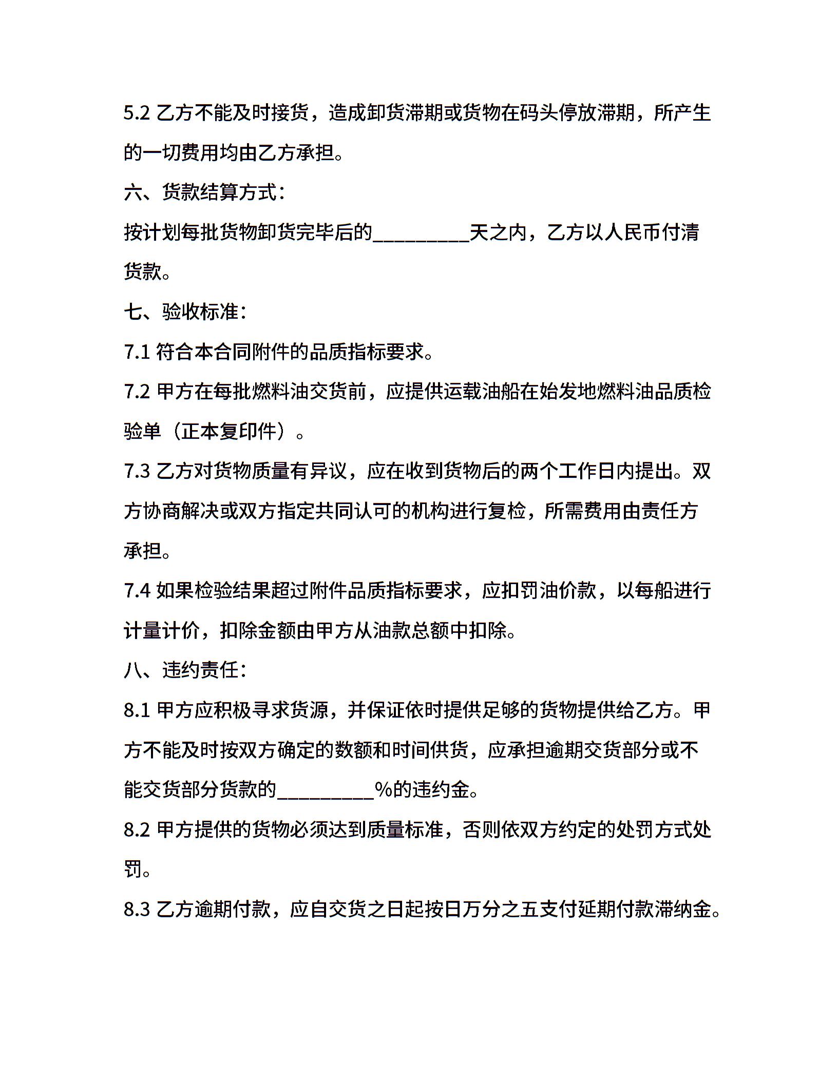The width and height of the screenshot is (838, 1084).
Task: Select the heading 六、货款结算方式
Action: point(204,192)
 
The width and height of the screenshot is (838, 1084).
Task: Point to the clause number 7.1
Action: point(137,352)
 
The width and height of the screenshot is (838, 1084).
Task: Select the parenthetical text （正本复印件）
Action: point(228,432)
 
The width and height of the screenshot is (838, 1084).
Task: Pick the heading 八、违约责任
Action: point(185,670)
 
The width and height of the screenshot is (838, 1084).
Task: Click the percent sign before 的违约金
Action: point(384,790)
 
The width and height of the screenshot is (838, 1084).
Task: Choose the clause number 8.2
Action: point(137,830)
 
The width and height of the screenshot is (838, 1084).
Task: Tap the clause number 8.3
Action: point(137,909)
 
